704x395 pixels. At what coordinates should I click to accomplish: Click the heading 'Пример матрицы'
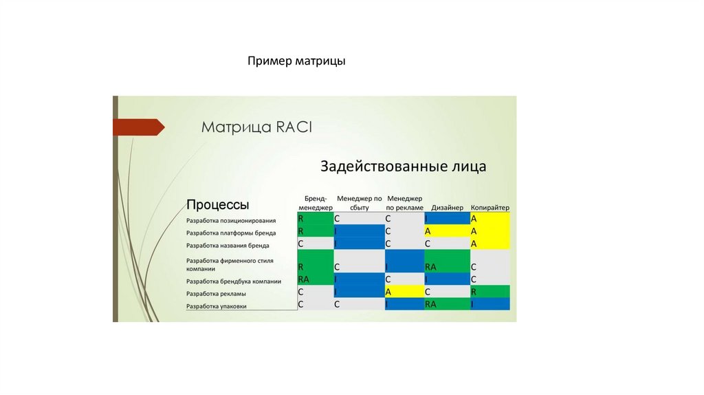[297, 62]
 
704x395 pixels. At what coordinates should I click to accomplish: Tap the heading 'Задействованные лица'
[403, 166]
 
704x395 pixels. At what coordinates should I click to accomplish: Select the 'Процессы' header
[217, 204]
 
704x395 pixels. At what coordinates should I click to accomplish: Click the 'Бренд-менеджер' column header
[315, 202]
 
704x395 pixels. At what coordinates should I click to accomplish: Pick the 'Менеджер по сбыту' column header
[359, 202]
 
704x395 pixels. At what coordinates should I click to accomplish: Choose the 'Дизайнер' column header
[447, 207]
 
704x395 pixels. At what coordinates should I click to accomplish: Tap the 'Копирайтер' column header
[489, 207]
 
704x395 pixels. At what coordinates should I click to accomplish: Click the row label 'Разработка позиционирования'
[231, 221]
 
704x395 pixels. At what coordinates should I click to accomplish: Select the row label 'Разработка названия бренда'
[228, 245]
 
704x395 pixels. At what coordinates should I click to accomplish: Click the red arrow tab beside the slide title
[138, 127]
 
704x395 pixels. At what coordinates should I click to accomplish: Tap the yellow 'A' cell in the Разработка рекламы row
[404, 292]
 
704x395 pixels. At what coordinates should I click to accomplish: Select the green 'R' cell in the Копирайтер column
[489, 292]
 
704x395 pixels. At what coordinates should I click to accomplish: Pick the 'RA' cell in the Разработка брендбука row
[315, 279]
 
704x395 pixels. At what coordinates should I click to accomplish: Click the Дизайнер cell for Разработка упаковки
[447, 303]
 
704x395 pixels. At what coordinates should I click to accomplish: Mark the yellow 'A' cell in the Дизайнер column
[447, 231]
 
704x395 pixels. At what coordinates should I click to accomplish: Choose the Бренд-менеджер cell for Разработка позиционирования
[315, 219]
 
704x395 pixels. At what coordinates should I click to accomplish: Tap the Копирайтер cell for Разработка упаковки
[489, 303]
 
